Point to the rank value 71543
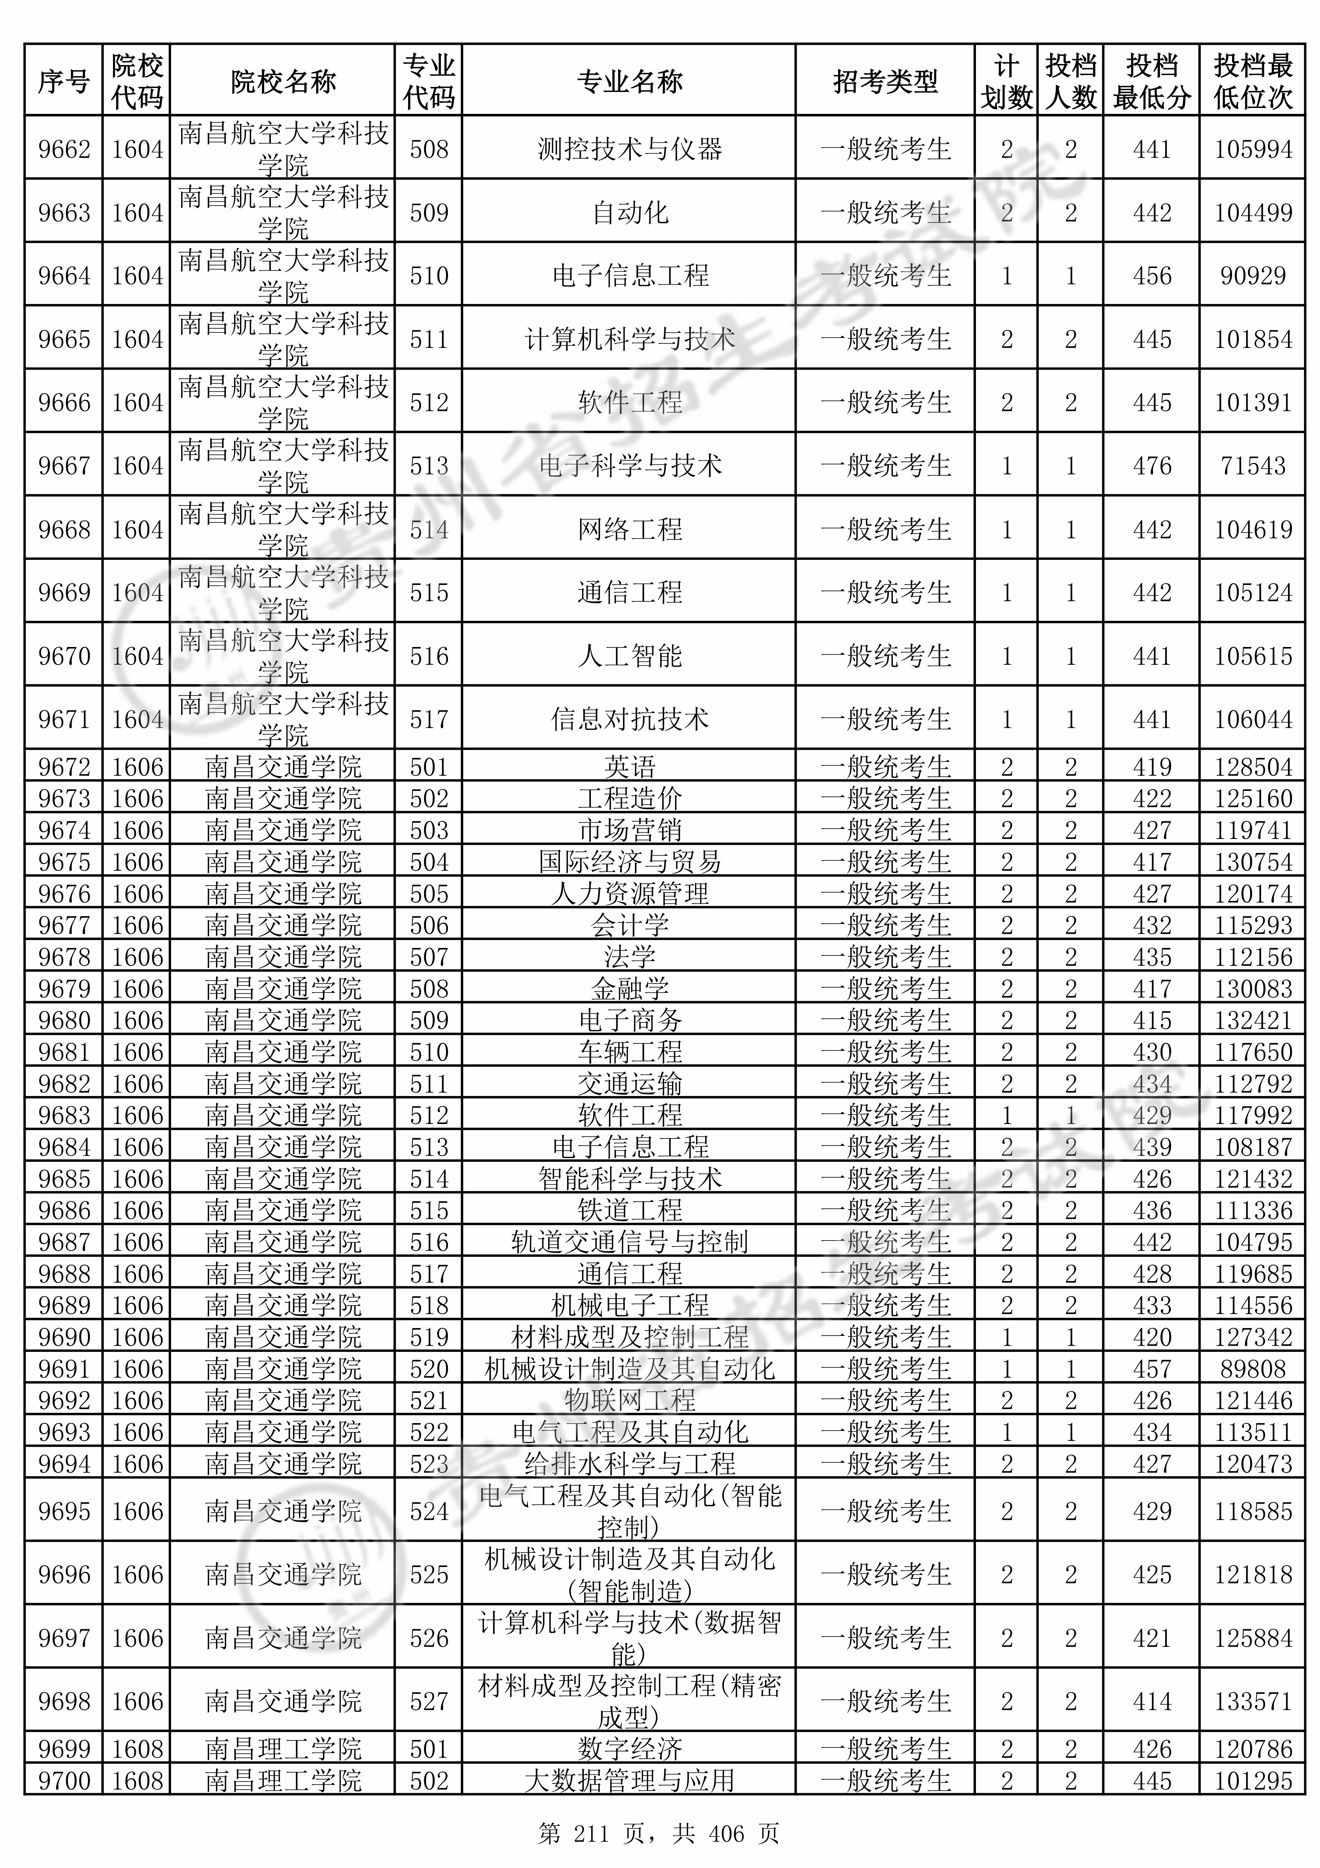point(1252,466)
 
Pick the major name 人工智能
point(629,656)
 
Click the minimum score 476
point(1151,466)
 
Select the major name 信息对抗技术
point(629,719)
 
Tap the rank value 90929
point(1252,276)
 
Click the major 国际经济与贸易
point(629,862)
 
